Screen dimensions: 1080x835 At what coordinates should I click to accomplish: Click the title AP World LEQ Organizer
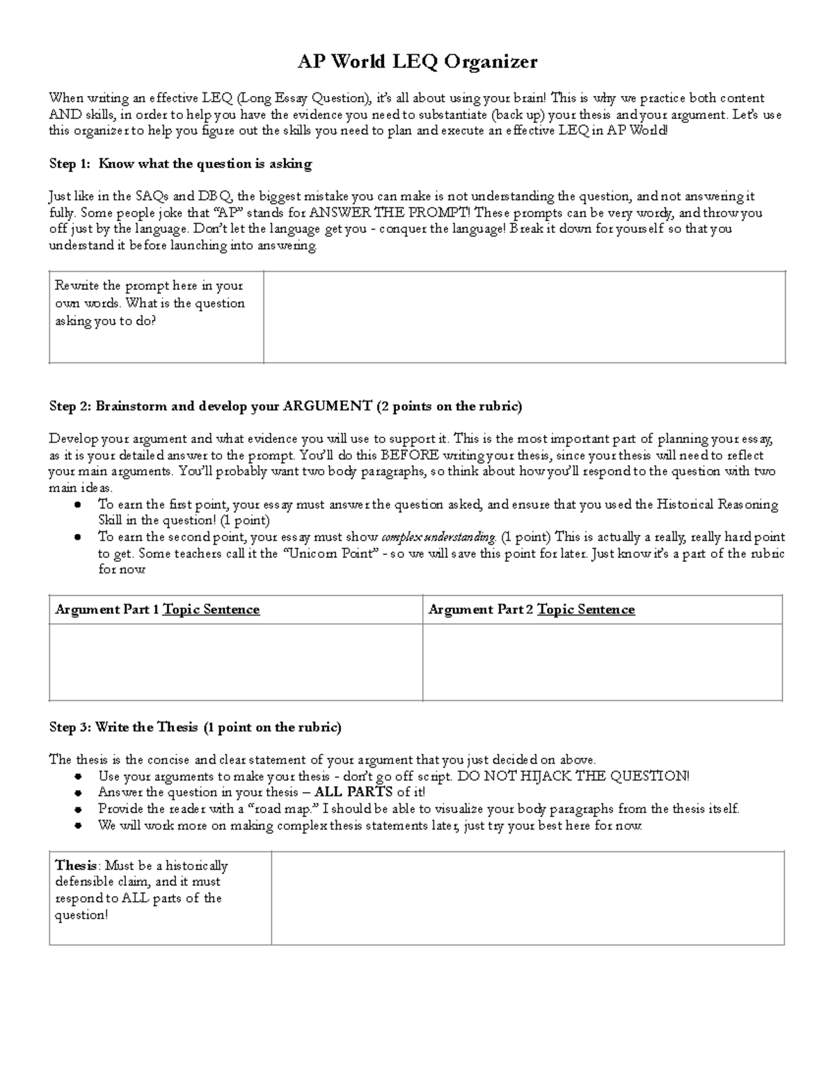tap(417, 63)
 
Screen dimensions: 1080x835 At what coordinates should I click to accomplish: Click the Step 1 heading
tap(180, 164)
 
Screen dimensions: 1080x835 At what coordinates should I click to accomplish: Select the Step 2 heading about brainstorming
tap(285, 406)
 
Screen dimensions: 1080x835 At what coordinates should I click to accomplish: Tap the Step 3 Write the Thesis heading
tap(195, 727)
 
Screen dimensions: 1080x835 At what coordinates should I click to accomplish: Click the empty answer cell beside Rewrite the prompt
tap(524, 317)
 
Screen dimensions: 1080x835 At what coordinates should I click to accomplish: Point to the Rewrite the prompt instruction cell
tap(156, 304)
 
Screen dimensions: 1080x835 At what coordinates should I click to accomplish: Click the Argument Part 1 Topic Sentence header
tap(157, 610)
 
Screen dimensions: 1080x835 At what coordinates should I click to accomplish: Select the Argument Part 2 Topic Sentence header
tap(532, 610)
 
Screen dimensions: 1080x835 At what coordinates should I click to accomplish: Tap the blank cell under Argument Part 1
tap(236, 662)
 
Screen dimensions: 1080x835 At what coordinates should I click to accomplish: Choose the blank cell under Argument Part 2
tap(602, 662)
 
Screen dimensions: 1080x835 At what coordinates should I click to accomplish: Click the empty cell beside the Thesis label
tap(527, 898)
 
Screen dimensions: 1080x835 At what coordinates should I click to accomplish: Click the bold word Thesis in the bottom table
tap(76, 866)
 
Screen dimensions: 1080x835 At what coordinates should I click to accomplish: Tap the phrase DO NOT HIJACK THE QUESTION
tap(573, 777)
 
